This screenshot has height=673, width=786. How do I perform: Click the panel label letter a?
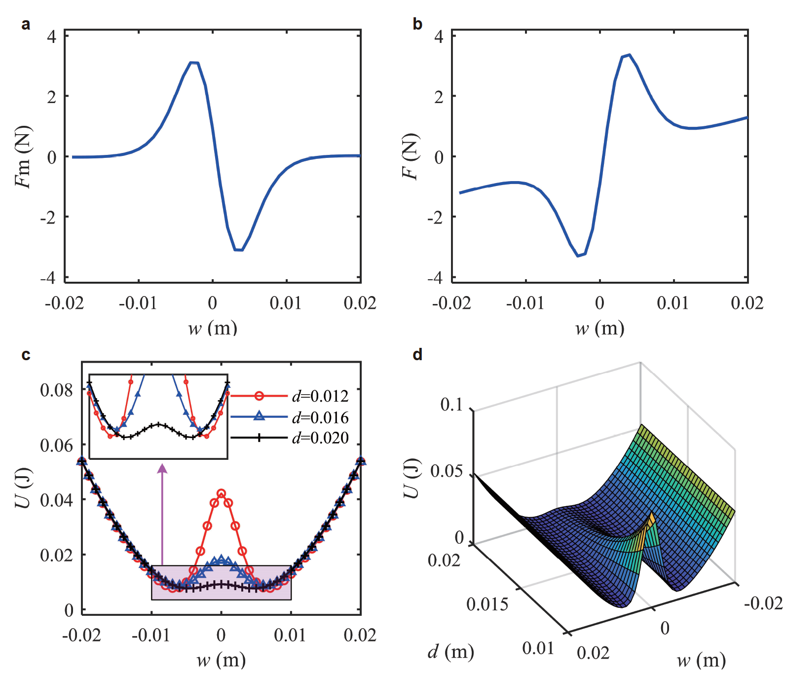point(26,24)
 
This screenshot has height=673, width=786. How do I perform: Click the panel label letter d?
point(417,354)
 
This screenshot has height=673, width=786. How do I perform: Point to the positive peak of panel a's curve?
point(194,63)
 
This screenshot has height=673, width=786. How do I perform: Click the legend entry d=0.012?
point(320,396)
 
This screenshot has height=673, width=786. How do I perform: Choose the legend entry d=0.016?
point(320,417)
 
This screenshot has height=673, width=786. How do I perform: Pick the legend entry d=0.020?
point(320,438)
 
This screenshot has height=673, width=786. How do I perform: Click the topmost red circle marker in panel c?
point(221,493)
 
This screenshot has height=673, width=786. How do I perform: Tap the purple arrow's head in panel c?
point(162,469)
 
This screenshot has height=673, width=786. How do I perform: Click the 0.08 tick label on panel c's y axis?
point(56,390)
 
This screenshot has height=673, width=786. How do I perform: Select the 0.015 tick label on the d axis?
point(487,604)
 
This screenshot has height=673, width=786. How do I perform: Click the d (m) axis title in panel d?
point(450,652)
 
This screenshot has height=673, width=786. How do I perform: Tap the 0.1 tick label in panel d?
point(451,405)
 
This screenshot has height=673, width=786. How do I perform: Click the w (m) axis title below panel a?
point(213,328)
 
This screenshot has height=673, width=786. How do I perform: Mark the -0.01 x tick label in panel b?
point(524,303)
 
